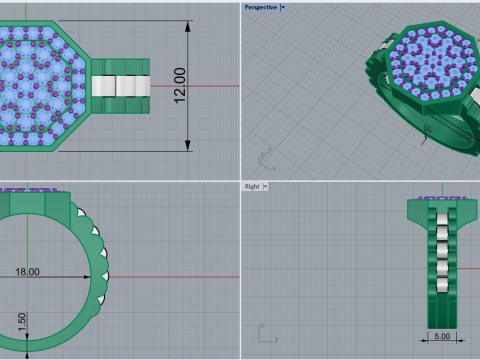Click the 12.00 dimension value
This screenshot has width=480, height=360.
pos(180,85)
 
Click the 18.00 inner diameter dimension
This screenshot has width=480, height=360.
pos(28,272)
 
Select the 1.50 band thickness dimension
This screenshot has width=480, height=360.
pos(22,322)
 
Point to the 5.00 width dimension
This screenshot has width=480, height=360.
pos(442,336)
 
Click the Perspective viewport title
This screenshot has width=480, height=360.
pos(261,7)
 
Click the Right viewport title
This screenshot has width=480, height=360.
pos(252,186)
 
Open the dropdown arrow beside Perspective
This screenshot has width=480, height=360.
pos(283,7)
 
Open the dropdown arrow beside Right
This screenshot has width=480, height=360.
pos(266,186)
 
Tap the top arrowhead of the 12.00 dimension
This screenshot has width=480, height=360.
pos(188,26)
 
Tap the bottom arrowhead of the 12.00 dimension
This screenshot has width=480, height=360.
pos(188,146)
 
